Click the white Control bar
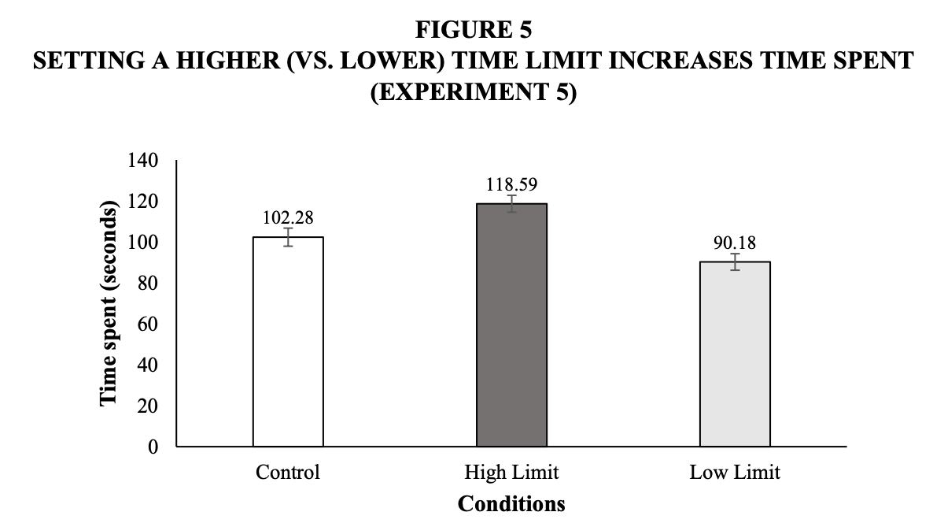point(288,342)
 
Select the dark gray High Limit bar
point(511,325)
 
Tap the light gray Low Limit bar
point(735,354)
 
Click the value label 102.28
point(288,218)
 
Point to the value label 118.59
point(511,184)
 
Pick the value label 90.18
point(735,243)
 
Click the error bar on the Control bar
point(288,237)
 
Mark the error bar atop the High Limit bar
point(511,204)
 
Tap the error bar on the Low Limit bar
point(735,261)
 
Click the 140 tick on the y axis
point(144,161)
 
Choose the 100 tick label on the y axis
point(144,243)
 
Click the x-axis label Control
point(288,473)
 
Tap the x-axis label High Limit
point(511,473)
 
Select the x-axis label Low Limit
point(735,473)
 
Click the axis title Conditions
point(511,503)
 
